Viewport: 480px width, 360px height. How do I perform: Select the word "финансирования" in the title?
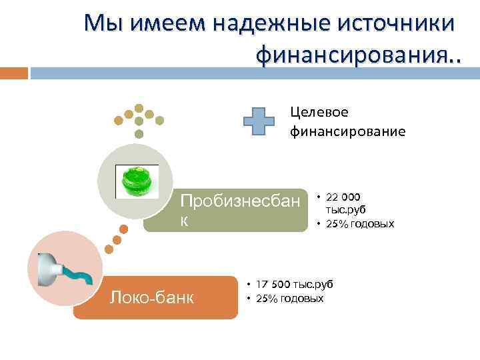click(351, 54)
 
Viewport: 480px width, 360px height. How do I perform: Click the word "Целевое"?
click(319, 112)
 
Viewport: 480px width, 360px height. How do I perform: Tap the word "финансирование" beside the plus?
click(347, 131)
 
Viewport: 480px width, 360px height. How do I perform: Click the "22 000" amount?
click(343, 197)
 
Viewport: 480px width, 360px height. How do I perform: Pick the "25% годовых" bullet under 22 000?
click(359, 224)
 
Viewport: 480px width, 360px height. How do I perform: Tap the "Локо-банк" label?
click(152, 297)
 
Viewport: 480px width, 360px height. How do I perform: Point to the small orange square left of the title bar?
click(14, 72)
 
